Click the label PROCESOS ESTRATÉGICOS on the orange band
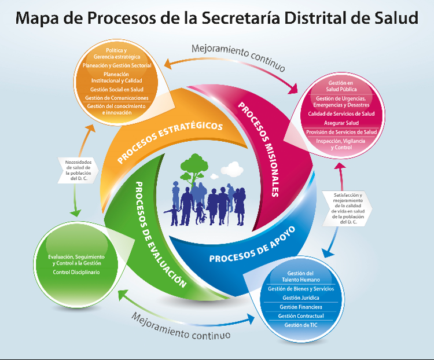pos(170,141)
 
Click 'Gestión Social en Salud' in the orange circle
pos(117,90)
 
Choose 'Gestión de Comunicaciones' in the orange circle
pos(117,98)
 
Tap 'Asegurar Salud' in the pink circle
pos(341,123)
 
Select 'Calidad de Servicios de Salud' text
pos(341,114)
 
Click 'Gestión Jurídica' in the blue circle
pos(301,298)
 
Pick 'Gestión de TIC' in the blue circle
pos(301,325)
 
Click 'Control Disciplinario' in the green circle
pos(76,272)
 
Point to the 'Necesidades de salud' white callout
pos(78,170)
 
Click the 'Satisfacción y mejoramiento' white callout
pos(347,208)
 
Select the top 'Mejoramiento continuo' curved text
pos(238,57)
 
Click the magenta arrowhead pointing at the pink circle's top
pos(293,89)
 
